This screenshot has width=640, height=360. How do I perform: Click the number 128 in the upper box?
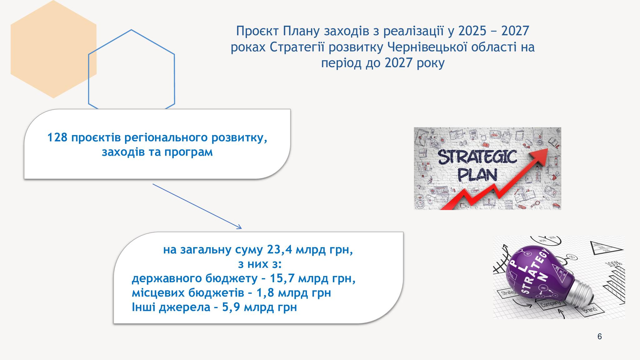click(57, 137)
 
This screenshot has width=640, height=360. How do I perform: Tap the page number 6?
click(599, 337)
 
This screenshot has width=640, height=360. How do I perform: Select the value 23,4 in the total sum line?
click(280, 250)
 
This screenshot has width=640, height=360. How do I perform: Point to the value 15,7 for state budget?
click(282, 278)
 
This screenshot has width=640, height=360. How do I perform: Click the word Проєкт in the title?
click(257, 31)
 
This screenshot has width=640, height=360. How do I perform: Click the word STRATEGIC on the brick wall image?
click(477, 157)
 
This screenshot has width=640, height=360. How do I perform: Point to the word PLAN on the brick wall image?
click(477, 175)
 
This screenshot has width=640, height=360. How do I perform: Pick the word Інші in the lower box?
click(144, 307)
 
